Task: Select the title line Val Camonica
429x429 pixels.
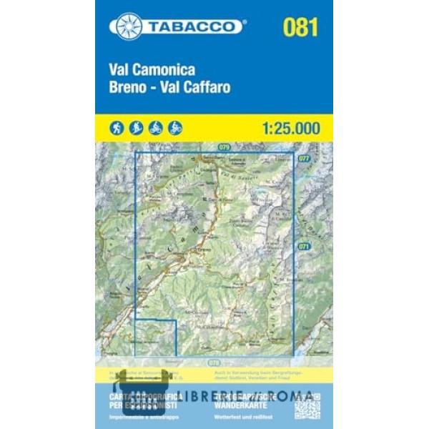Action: coord(152,71)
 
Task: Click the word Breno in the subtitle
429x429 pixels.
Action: coord(127,89)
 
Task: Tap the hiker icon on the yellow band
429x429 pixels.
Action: coord(117,128)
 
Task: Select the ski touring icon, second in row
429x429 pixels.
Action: coord(137,128)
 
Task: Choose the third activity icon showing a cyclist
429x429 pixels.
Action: coord(156,128)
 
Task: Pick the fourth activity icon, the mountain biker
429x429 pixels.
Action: coord(175,128)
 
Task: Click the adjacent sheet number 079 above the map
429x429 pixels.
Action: coord(225,147)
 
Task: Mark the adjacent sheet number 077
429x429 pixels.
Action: coord(305,158)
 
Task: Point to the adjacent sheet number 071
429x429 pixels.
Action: coord(304,246)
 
